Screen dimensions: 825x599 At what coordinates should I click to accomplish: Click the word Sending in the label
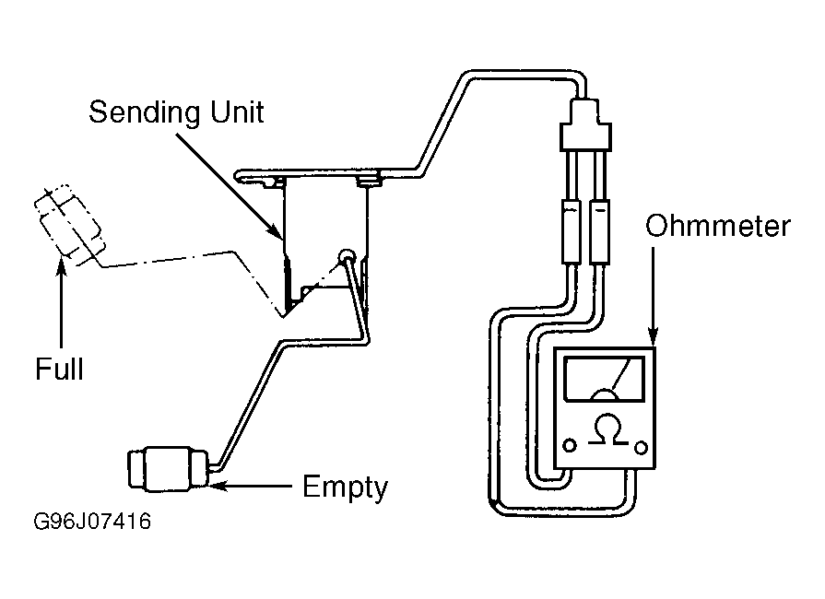145,113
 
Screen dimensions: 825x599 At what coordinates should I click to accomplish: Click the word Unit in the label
237,112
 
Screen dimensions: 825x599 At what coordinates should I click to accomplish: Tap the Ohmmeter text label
718,226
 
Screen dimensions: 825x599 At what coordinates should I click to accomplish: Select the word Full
59,369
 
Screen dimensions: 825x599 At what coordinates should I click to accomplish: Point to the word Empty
345,487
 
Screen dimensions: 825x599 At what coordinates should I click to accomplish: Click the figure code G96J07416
92,522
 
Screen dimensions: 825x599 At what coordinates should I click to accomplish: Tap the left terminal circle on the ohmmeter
570,445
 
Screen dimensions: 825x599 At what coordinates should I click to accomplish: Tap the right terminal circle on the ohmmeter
641,448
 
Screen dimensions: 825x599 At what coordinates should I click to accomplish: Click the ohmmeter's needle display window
604,379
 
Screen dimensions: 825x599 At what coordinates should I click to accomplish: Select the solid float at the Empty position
168,468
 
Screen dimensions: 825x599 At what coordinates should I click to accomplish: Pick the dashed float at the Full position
68,225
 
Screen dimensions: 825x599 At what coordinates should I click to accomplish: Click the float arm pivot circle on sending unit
347,257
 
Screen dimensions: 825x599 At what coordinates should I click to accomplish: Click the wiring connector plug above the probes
585,123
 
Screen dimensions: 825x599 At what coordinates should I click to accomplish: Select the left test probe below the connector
571,231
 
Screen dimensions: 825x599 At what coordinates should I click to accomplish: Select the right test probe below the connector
599,231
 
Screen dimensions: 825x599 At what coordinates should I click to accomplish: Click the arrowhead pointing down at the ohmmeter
653,336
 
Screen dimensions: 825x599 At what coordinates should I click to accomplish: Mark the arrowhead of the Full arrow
62,265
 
